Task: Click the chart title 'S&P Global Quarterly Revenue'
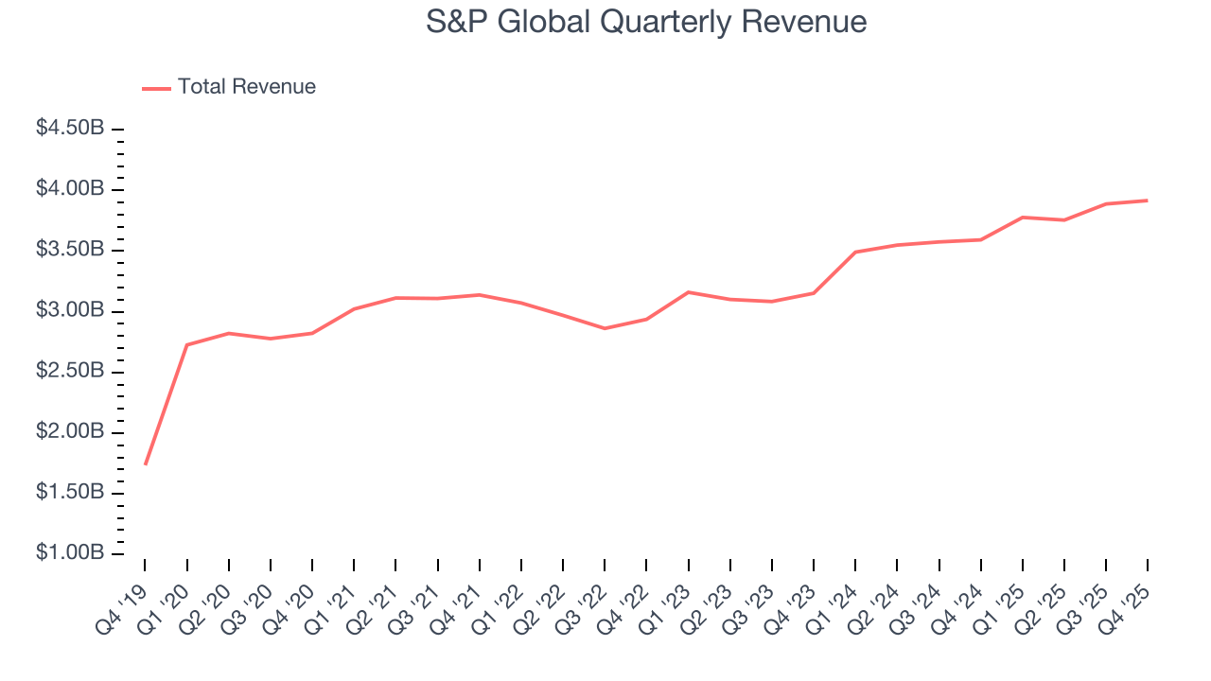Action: (x=645, y=21)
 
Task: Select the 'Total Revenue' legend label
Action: (x=246, y=87)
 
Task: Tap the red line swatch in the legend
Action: (x=156, y=88)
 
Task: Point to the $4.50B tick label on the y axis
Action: (x=69, y=129)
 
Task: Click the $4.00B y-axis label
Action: (x=69, y=189)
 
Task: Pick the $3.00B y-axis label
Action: (x=69, y=310)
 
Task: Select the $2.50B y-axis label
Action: (x=69, y=371)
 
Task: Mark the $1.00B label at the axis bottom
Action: (x=69, y=553)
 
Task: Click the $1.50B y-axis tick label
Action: (x=69, y=493)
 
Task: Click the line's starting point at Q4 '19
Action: (x=145, y=464)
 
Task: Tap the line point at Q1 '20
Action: (x=186, y=344)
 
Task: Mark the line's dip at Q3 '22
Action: (x=605, y=328)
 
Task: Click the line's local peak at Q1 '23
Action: (x=688, y=292)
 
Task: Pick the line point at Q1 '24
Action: (x=855, y=252)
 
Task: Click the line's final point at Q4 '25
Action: (x=1148, y=201)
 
